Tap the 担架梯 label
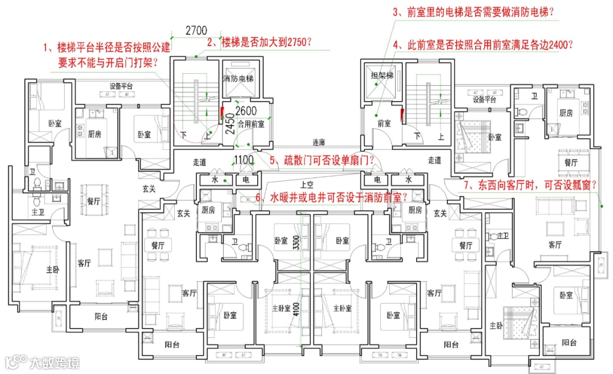pyautogui.click(x=381, y=75)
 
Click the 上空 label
pyautogui.click(x=308, y=184)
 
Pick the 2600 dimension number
pyautogui.click(x=246, y=111)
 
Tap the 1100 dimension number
pyautogui.click(x=243, y=161)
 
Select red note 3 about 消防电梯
pyautogui.click(x=474, y=12)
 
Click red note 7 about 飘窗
pyautogui.click(x=532, y=185)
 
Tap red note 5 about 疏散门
pyautogui.click(x=321, y=161)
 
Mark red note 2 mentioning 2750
pyautogui.click(x=260, y=42)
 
